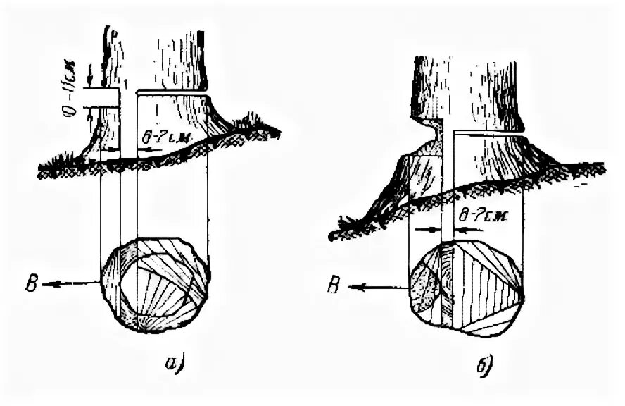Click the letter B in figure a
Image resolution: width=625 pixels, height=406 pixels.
[32, 285]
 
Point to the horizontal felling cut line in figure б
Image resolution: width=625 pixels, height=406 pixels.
[489, 132]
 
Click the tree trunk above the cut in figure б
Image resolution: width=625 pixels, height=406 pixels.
[465, 85]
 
